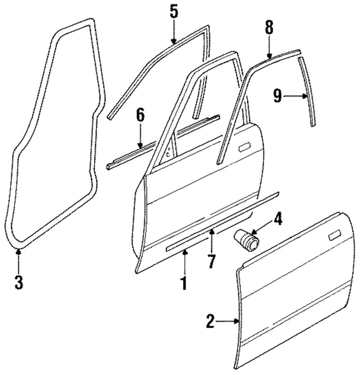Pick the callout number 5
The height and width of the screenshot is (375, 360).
[x=174, y=12]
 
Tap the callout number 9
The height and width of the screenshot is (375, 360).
[x=277, y=96]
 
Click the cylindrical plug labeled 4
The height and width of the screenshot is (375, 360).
[x=247, y=239]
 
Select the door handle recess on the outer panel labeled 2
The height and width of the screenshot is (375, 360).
[x=336, y=236]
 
